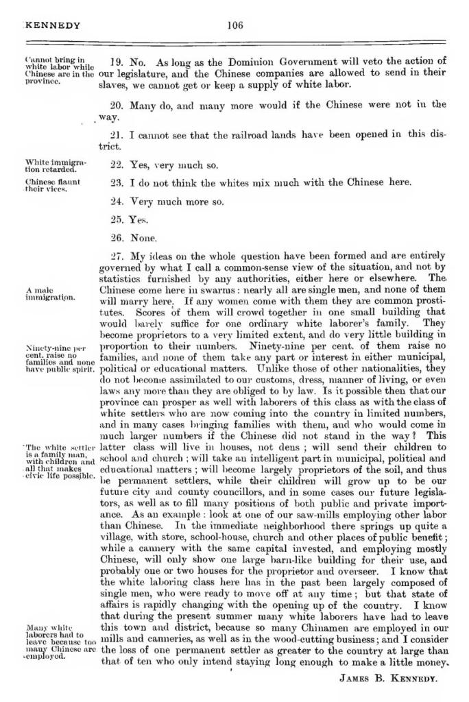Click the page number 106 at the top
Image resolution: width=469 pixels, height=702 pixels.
pyautogui.click(x=235, y=26)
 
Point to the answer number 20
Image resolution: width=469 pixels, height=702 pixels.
pyautogui.click(x=117, y=105)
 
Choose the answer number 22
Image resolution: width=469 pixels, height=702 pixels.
pyautogui.click(x=117, y=165)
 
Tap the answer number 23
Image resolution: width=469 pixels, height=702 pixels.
pyautogui.click(x=117, y=182)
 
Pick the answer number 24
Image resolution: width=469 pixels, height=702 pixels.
pyautogui.click(x=117, y=202)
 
